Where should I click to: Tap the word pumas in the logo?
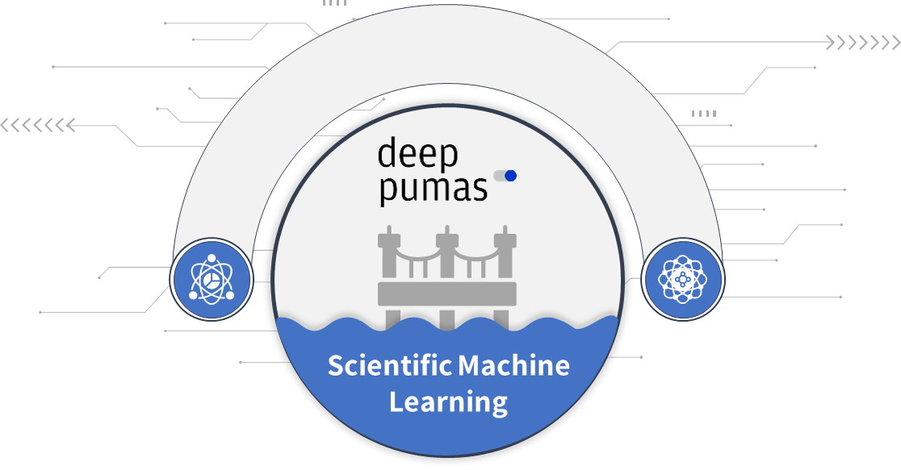tap(434, 188)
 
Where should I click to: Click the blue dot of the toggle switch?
tap(509, 176)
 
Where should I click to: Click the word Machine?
tap(514, 366)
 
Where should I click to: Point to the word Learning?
tap(448, 401)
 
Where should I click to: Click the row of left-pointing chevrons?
tap(36, 125)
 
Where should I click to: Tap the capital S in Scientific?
tap(335, 366)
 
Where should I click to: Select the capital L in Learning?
tap(396, 401)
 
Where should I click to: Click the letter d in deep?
tap(388, 152)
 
